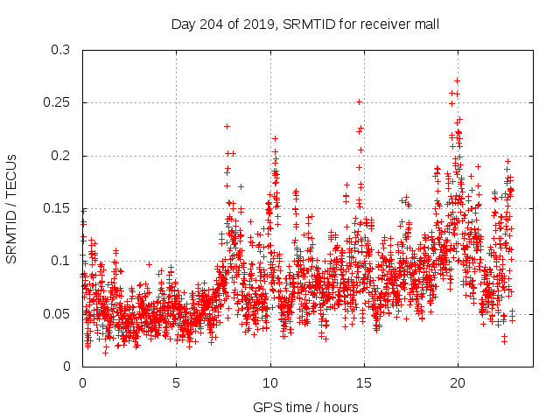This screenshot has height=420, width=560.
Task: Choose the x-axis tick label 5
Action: (176, 382)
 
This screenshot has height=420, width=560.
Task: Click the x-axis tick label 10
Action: (269, 382)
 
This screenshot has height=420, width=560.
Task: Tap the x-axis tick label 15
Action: (363, 382)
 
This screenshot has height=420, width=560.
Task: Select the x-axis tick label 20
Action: (457, 382)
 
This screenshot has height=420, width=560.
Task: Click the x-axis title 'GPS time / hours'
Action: (305, 407)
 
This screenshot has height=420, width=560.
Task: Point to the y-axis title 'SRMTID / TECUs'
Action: (11, 207)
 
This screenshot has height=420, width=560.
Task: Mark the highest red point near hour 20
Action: (458, 80)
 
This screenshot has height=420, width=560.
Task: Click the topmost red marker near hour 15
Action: (359, 101)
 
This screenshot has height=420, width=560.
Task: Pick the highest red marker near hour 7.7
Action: (227, 126)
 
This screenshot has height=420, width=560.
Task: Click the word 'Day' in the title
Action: (183, 24)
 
